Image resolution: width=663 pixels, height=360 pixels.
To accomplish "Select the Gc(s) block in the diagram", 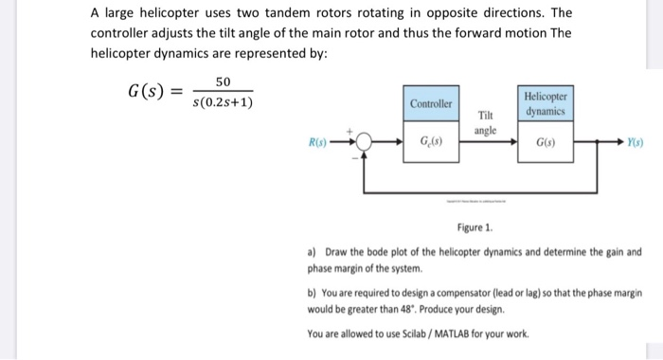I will click(x=432, y=144).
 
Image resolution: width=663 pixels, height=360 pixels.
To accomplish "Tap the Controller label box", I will click(x=432, y=102).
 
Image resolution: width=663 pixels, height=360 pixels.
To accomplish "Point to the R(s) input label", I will click(x=320, y=144).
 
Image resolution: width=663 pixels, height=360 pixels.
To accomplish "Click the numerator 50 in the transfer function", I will click(x=223, y=83).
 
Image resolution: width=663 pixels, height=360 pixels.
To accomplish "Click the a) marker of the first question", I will click(x=313, y=253).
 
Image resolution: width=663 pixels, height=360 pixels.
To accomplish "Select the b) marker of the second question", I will click(x=313, y=295).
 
